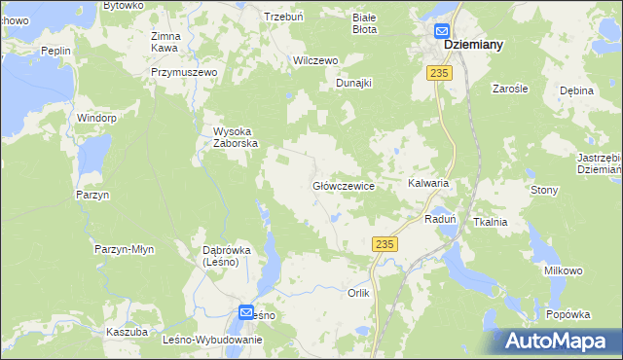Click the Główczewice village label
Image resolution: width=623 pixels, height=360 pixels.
(344, 185)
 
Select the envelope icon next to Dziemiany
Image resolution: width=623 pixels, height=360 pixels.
(441, 31)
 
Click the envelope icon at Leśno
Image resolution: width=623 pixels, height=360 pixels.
(247, 312)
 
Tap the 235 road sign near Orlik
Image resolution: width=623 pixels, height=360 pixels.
(384, 247)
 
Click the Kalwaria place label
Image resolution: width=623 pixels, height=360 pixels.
(427, 183)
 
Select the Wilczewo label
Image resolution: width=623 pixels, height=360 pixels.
(315, 60)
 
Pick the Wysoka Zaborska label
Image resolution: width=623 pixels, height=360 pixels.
(236, 138)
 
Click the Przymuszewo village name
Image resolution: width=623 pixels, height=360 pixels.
(181, 72)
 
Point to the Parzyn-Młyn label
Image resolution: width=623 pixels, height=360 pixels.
(125, 250)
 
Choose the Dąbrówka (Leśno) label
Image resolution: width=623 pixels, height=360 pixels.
(227, 256)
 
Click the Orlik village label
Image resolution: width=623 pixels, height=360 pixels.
(359, 292)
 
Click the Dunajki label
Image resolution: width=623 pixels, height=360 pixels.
(354, 83)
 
